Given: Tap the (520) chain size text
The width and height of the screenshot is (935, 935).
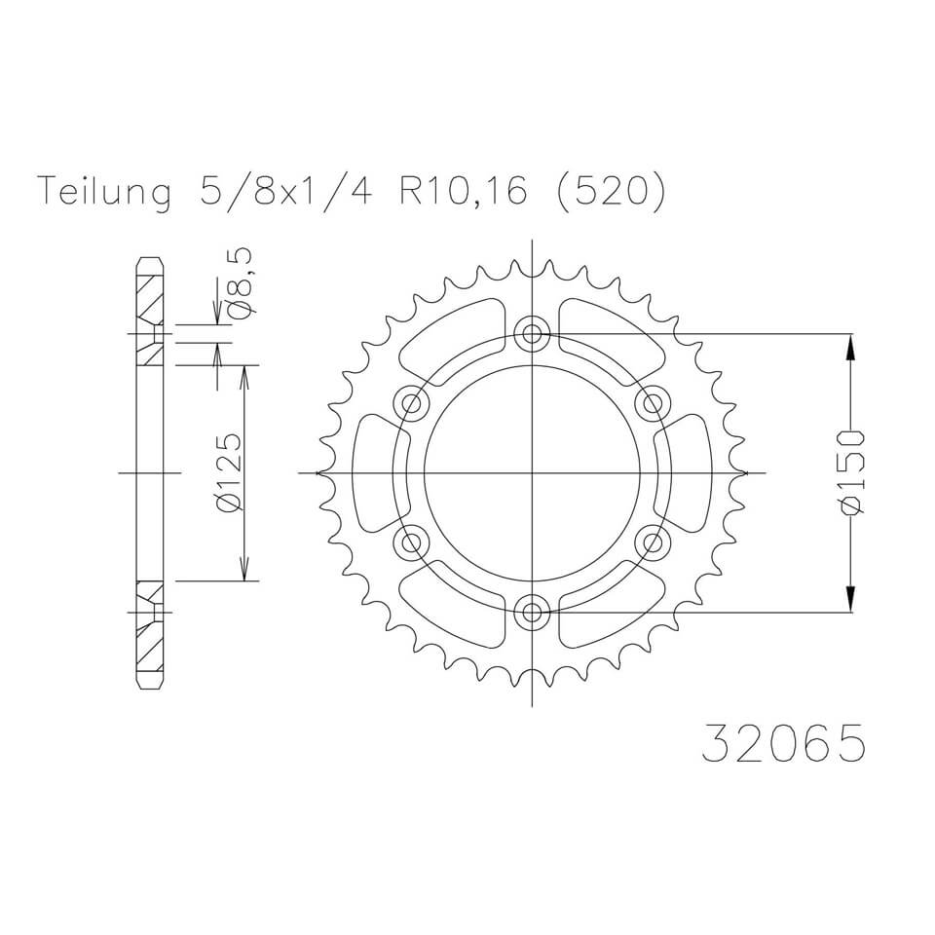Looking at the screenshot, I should tap(612, 192).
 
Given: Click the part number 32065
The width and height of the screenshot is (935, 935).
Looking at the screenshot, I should tap(781, 744).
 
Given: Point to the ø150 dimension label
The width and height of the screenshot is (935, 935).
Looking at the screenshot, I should tap(853, 470).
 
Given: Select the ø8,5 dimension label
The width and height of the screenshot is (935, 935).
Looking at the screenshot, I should tap(239, 282).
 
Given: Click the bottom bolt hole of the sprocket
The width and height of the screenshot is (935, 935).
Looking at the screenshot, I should tap(532, 612).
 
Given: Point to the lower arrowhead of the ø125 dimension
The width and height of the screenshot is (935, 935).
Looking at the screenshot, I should tap(244, 570).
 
